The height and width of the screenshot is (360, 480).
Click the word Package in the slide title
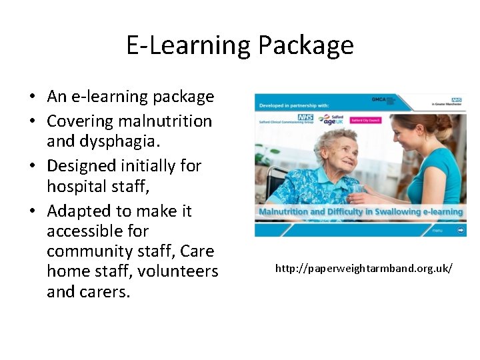[x=305, y=45]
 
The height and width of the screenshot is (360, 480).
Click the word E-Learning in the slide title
[x=188, y=45]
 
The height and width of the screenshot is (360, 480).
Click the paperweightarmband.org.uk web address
[x=364, y=268]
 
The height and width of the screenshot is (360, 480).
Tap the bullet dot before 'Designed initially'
[x=32, y=166]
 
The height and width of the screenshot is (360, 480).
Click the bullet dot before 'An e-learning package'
[x=32, y=97]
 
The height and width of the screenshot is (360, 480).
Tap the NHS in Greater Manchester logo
[x=447, y=102]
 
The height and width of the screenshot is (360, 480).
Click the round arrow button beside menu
[x=461, y=230]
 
